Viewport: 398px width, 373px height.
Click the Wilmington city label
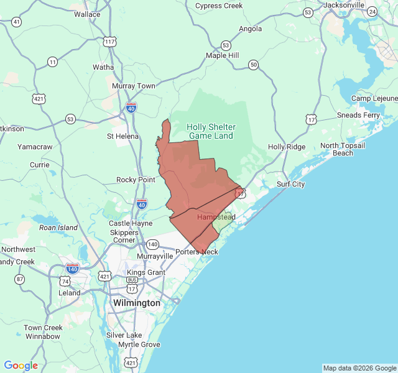pyautogui.click(x=136, y=303)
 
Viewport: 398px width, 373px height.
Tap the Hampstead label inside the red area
pyautogui.click(x=216, y=217)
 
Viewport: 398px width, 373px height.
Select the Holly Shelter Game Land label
pyautogui.click(x=211, y=131)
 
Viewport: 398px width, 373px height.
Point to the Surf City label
pyautogui.click(x=290, y=184)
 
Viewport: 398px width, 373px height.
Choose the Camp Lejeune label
pyautogui.click(x=374, y=98)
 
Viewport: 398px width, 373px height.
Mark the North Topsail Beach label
pyautogui.click(x=343, y=149)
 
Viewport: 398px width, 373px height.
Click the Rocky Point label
pyautogui.click(x=136, y=180)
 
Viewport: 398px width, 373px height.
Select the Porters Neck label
pyautogui.click(x=197, y=252)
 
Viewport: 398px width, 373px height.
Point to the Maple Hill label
pyautogui.click(x=223, y=55)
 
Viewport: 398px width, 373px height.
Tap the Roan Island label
pyautogui.click(x=58, y=228)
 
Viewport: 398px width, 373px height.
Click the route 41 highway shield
pyautogui.click(x=16, y=22)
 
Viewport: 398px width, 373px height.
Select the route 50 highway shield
pyautogui.click(x=252, y=64)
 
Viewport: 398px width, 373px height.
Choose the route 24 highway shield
pyautogui.click(x=372, y=12)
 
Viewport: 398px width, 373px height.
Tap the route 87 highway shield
pyautogui.click(x=21, y=279)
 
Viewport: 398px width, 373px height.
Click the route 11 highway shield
pyautogui.click(x=52, y=62)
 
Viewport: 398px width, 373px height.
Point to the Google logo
pyautogui.click(x=21, y=366)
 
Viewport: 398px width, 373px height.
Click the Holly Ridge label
pyautogui.click(x=287, y=147)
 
